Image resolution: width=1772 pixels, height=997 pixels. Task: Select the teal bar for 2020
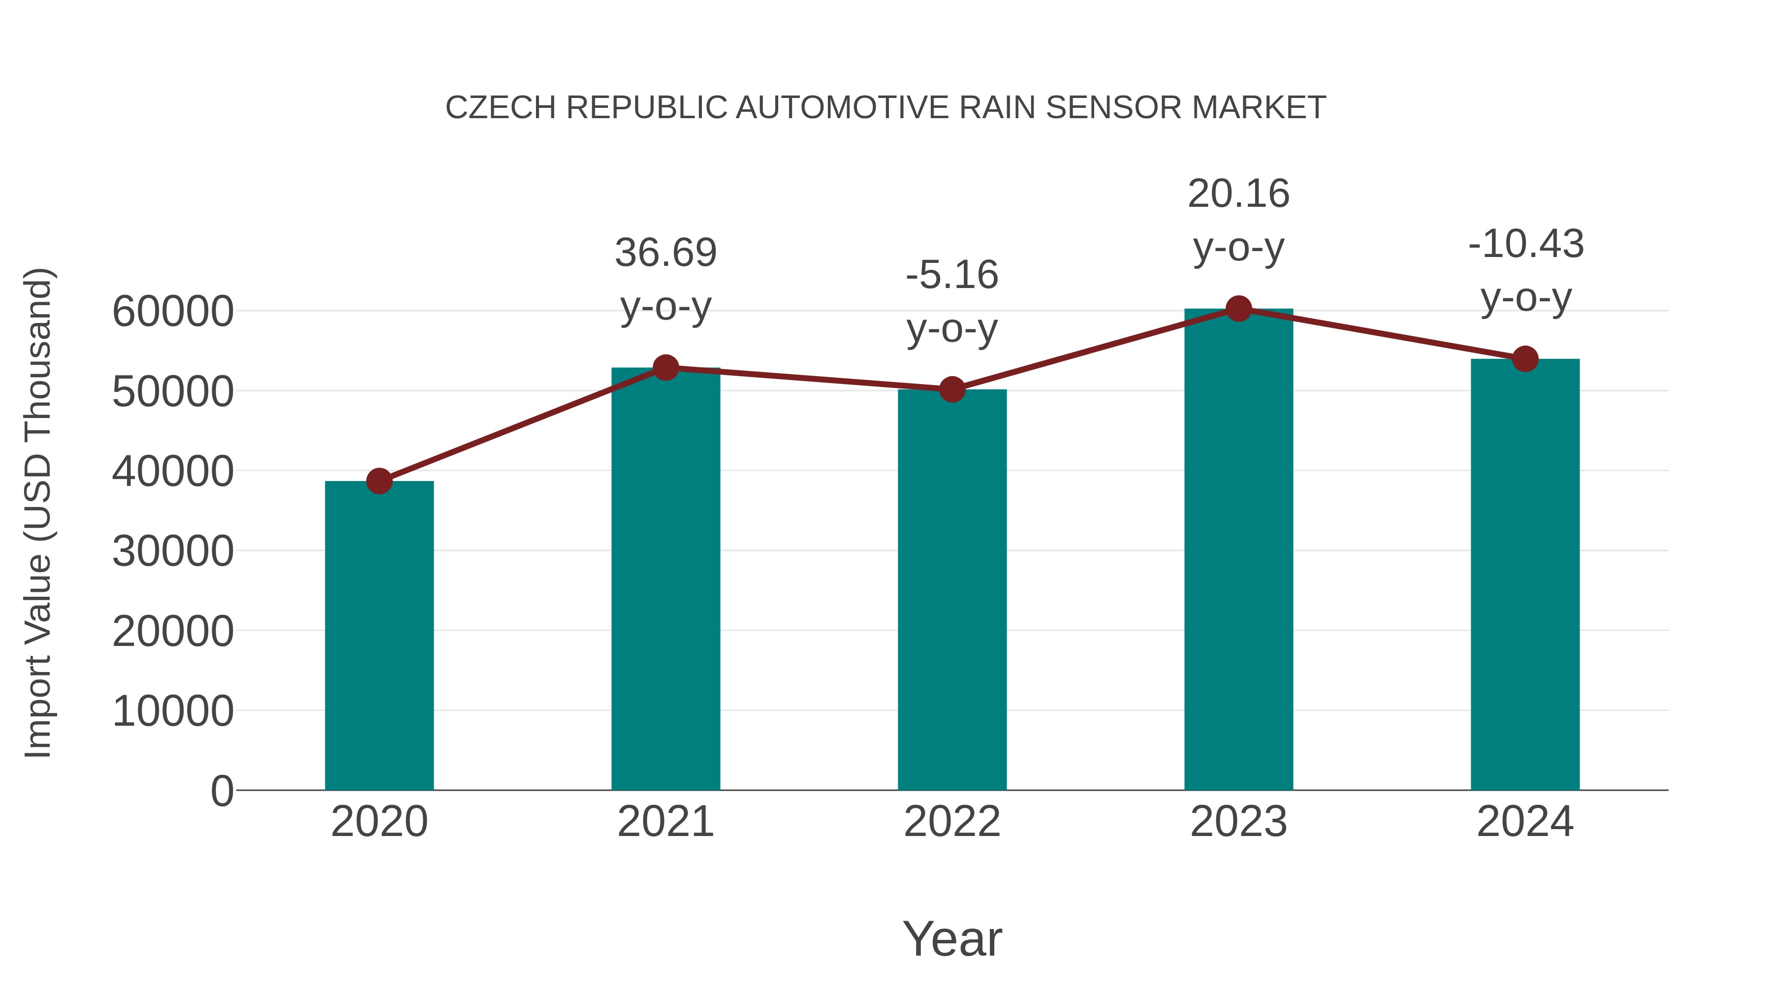pos(379,637)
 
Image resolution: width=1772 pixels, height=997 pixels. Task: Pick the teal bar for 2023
pos(1238,550)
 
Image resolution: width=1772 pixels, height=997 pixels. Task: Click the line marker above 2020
pos(379,481)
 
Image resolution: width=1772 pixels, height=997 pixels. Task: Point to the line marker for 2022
pos(952,389)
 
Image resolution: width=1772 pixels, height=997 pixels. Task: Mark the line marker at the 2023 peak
pos(1238,309)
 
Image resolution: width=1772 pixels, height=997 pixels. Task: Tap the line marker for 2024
pos(1525,358)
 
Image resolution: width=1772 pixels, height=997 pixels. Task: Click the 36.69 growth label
pos(665,253)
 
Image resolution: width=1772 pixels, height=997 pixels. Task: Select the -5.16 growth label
pos(952,275)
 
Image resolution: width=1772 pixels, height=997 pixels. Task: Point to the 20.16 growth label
pos(1238,193)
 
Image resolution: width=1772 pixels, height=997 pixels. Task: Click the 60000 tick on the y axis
pos(173,312)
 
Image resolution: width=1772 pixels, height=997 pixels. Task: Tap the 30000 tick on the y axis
pos(173,551)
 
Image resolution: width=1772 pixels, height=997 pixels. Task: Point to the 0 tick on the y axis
pos(221,791)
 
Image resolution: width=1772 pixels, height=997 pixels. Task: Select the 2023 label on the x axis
pos(1238,822)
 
